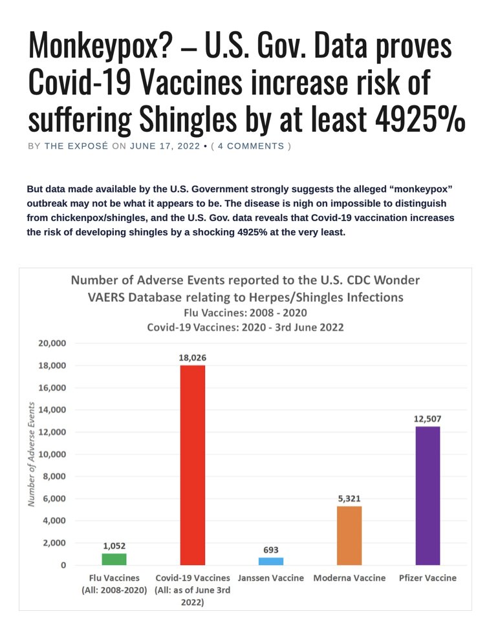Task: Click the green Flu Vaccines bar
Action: click(113, 559)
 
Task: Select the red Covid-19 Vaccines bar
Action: click(193, 465)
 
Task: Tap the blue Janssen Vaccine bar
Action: click(271, 561)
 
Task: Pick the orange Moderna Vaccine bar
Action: click(349, 535)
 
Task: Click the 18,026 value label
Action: click(193, 357)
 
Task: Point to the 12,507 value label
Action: click(428, 419)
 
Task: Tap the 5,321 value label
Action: click(349, 498)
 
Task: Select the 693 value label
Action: click(271, 549)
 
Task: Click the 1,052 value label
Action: click(113, 546)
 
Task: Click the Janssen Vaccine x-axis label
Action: click(271, 578)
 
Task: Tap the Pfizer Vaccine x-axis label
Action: click(428, 578)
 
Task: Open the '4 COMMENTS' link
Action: click(251, 146)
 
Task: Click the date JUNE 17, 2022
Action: click(165, 146)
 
